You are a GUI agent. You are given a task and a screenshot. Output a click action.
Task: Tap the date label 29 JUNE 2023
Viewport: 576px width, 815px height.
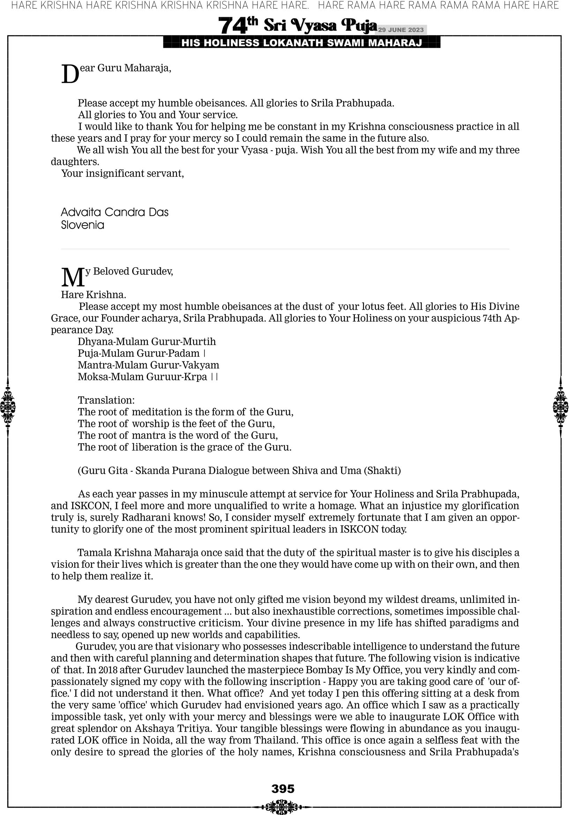[401, 30]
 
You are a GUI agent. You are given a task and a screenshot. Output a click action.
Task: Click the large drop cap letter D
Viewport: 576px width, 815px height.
[70, 75]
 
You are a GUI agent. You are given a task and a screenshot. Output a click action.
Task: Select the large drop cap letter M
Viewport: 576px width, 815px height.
[73, 277]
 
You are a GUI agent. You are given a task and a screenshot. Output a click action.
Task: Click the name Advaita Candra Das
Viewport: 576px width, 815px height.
[115, 212]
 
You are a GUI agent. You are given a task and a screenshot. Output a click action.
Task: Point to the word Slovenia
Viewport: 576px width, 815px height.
[82, 225]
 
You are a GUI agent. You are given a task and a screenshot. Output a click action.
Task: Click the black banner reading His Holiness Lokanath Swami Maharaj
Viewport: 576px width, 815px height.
[302, 43]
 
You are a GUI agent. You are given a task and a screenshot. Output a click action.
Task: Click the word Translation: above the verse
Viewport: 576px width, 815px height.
[106, 400]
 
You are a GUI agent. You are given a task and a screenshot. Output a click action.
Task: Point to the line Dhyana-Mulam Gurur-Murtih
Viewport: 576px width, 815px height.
[147, 341]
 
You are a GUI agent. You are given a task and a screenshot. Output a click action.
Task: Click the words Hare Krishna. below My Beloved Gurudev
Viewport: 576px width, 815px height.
[93, 295]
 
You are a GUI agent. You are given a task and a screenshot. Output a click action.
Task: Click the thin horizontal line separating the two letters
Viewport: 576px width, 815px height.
[285, 249]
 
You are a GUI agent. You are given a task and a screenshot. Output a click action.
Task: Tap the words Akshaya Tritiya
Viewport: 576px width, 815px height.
[173, 728]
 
